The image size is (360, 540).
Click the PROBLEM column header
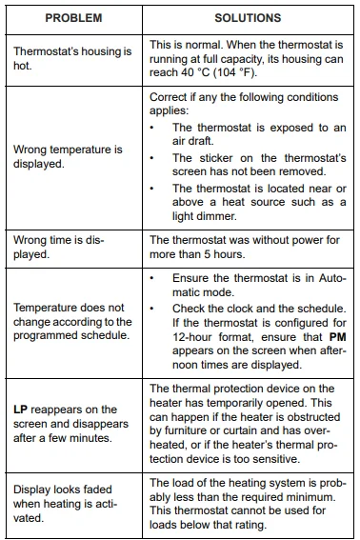click(x=72, y=18)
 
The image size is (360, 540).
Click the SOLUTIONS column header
click(x=248, y=18)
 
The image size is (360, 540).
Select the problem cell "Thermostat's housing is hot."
click(x=72, y=59)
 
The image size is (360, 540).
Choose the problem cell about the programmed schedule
click(x=72, y=322)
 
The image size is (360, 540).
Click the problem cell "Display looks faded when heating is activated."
click(x=72, y=504)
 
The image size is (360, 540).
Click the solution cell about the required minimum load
click(x=248, y=504)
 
